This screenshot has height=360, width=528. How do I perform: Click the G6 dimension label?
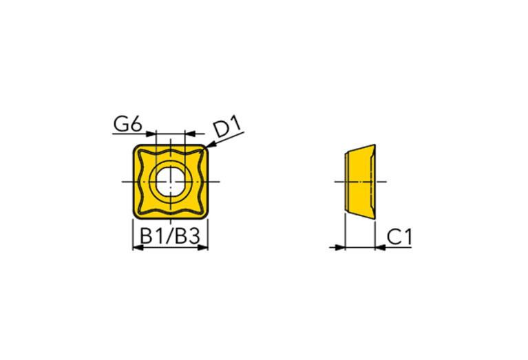pyautogui.click(x=128, y=124)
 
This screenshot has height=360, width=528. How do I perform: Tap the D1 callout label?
pyautogui.click(x=228, y=126)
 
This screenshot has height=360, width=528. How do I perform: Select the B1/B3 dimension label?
pyautogui.click(x=170, y=236)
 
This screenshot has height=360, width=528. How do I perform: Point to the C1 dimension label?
pyautogui.click(x=399, y=237)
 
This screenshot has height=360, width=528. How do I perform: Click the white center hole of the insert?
pyautogui.click(x=171, y=182)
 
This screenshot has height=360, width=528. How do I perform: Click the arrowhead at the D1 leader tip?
pyautogui.click(x=210, y=145)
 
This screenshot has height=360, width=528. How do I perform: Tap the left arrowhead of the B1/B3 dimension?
pyautogui.click(x=138, y=248)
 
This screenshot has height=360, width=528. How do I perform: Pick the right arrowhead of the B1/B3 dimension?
pyautogui.click(x=202, y=248)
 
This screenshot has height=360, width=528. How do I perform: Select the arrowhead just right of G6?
pyautogui.click(x=151, y=134)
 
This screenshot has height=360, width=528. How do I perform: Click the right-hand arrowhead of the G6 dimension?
pyautogui.click(x=191, y=134)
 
